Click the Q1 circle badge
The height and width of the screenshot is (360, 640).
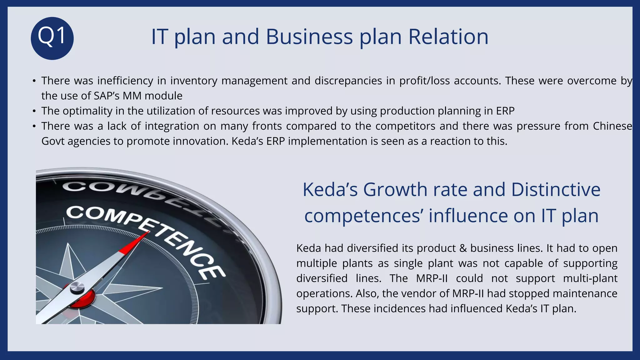pos(52,38)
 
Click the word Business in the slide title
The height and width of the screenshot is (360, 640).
pos(309,37)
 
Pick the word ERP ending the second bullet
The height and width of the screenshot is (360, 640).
pos(505,111)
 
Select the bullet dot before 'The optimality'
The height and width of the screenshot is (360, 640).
pos(34,111)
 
